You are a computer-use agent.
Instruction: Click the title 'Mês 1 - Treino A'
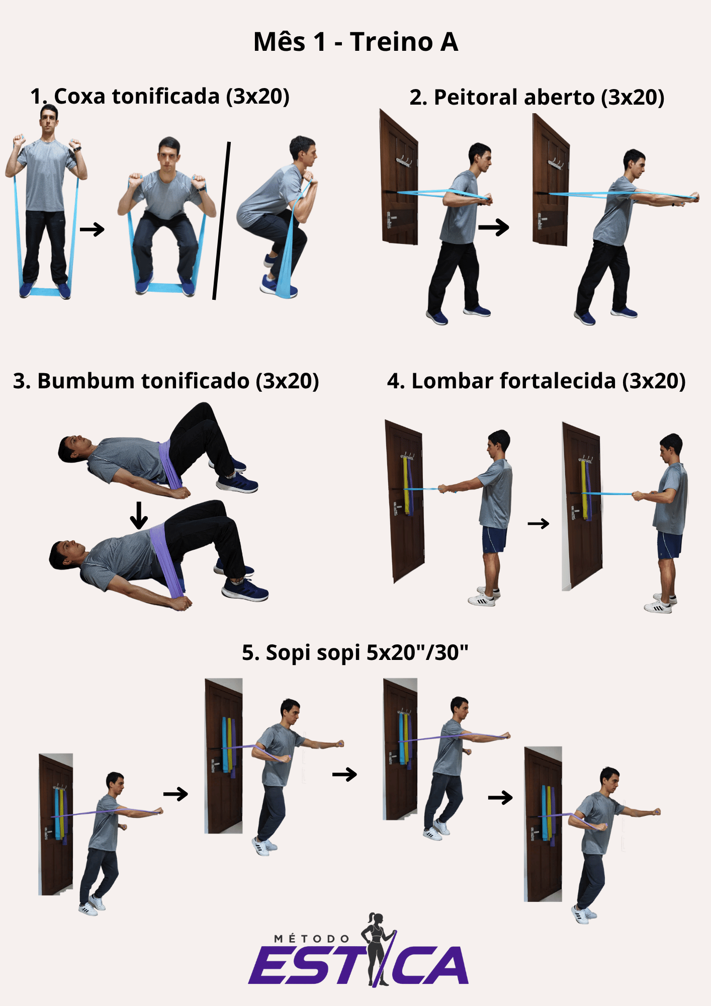coord(355,41)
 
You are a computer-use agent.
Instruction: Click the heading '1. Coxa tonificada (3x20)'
coord(160,96)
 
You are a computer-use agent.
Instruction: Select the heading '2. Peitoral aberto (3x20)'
coord(537,97)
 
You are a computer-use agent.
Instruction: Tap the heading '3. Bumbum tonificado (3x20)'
coord(166,381)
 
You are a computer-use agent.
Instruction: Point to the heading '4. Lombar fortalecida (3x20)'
coord(537,381)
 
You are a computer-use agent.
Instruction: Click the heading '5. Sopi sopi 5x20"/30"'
coord(355,652)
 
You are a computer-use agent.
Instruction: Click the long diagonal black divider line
coord(222,221)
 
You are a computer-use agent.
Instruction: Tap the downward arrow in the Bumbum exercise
coord(139,515)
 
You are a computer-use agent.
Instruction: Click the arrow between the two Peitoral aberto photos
coord(494,227)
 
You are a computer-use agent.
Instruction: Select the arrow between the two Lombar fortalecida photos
coord(539,524)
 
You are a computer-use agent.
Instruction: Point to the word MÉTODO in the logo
coord(312,939)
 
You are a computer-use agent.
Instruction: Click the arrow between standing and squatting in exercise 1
coord(92,229)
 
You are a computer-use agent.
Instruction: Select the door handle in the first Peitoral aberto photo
coord(390,220)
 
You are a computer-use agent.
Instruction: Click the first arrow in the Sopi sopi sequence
coord(175,794)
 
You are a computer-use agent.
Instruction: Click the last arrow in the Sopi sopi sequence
coord(500,797)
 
